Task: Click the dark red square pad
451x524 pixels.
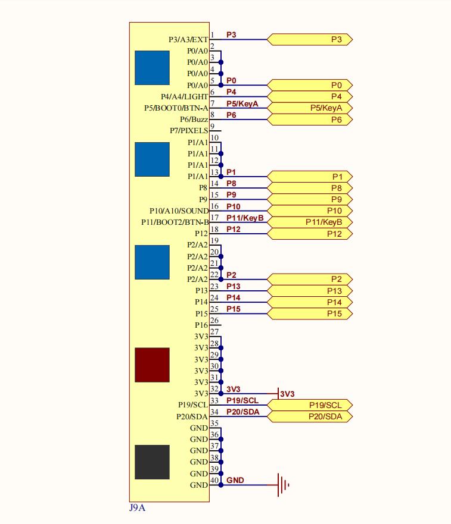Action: [x=152, y=365]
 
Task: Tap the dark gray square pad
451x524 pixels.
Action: [x=152, y=462]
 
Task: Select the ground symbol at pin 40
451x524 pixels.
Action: [x=283, y=485]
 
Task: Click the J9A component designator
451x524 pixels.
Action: [x=137, y=508]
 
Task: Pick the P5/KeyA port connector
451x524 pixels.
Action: [x=310, y=108]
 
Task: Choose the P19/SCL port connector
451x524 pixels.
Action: [x=310, y=405]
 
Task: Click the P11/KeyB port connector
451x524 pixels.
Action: [x=310, y=222]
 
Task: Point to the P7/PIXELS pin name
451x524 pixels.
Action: [x=189, y=131]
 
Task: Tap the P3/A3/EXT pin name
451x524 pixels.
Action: [x=188, y=40]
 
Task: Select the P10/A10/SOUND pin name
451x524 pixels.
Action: [x=179, y=211]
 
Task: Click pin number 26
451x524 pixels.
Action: [x=214, y=321]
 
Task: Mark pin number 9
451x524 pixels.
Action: [x=213, y=126]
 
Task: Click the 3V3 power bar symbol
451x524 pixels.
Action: [x=279, y=394]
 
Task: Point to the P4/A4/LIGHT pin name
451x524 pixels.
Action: [x=185, y=96]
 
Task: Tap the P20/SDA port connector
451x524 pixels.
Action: [x=310, y=416]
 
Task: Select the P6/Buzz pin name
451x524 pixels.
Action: [x=194, y=120]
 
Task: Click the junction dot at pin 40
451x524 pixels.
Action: [x=221, y=485]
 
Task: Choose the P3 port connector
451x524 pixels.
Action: [x=310, y=39]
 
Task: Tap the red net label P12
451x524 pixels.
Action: [x=234, y=229]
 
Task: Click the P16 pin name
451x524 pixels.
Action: [x=201, y=325]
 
